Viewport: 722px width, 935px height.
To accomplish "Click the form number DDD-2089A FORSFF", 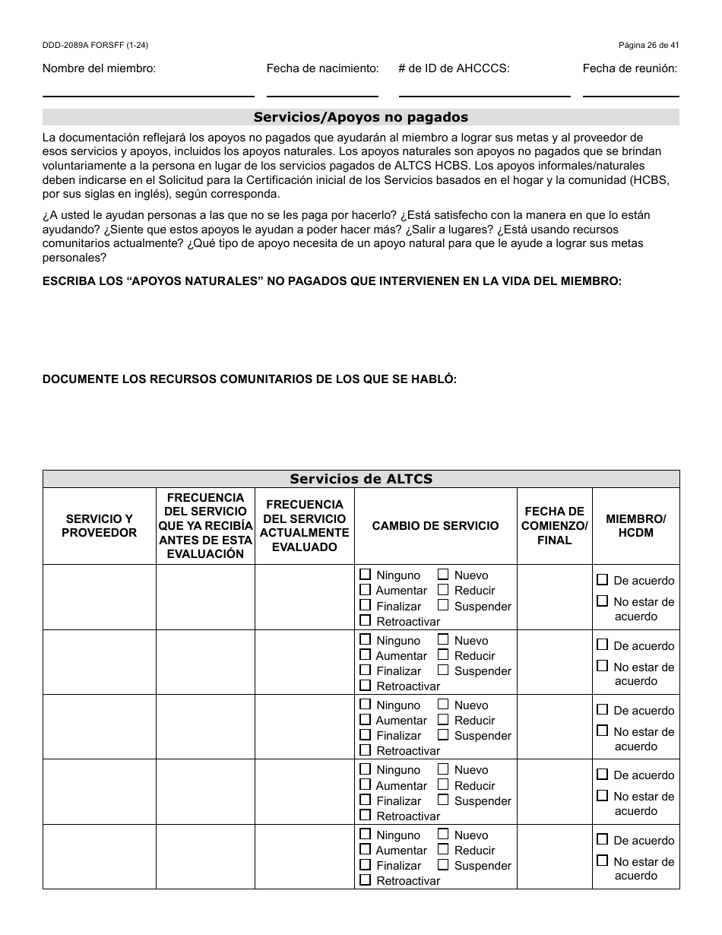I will (95, 46).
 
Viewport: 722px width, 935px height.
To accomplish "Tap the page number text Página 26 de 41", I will (648, 46).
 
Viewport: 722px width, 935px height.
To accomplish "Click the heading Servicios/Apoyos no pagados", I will (360, 117).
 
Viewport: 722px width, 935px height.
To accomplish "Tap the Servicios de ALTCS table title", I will (360, 479).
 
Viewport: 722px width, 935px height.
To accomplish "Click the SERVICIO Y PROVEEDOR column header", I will (99, 526).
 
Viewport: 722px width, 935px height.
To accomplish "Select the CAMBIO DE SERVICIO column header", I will (435, 526).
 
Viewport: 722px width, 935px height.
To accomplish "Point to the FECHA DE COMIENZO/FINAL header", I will (554, 526).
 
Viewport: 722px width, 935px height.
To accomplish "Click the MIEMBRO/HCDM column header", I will (635, 526).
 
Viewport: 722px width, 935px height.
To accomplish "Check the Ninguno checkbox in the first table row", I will (366, 575).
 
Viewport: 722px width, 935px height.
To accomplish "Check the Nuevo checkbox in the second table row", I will (443, 640).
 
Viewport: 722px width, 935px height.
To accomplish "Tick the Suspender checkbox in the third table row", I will (443, 735).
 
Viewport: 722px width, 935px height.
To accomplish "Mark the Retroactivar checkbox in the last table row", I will (366, 880).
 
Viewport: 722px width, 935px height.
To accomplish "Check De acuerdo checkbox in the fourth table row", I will (603, 775).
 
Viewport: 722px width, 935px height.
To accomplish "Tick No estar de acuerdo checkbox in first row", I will (603, 601).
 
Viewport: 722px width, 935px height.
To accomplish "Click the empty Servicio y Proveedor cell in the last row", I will (99, 857).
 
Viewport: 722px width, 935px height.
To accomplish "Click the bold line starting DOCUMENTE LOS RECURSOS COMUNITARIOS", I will (249, 379).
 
